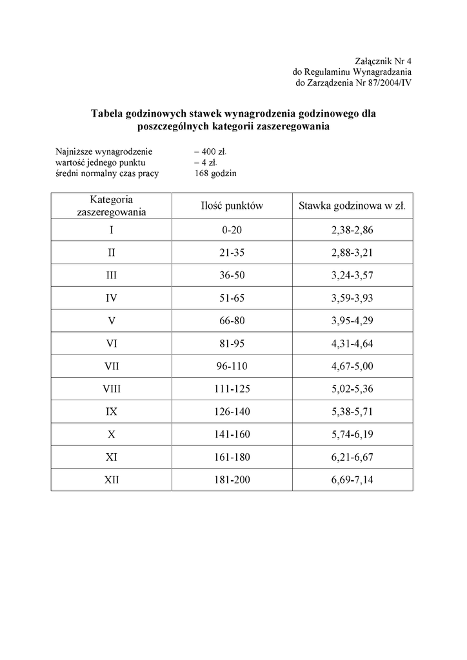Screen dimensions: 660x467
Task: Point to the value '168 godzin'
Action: coord(215,173)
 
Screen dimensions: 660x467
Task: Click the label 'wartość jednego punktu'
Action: coord(95,162)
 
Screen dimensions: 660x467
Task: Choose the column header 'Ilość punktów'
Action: coord(232,206)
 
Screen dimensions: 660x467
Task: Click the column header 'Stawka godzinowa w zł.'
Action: coord(352,206)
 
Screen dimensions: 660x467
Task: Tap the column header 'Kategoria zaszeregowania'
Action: coord(111,206)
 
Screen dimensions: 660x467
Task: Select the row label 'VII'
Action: coord(111,366)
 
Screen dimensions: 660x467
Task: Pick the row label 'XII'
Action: coord(111,480)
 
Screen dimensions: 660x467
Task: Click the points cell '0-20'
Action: coord(232,230)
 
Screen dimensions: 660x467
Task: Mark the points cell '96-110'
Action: coord(232,366)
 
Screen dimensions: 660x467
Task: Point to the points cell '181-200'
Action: coord(232,480)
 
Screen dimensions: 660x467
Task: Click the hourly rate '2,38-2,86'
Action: coord(352,230)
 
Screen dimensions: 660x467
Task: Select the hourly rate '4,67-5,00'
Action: coord(352,366)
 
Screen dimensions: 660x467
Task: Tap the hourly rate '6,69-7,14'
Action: coord(352,480)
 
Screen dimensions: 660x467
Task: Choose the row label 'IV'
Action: coord(111,298)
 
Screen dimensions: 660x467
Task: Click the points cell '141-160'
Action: coord(232,434)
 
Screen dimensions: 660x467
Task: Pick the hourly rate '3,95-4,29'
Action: coord(352,321)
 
